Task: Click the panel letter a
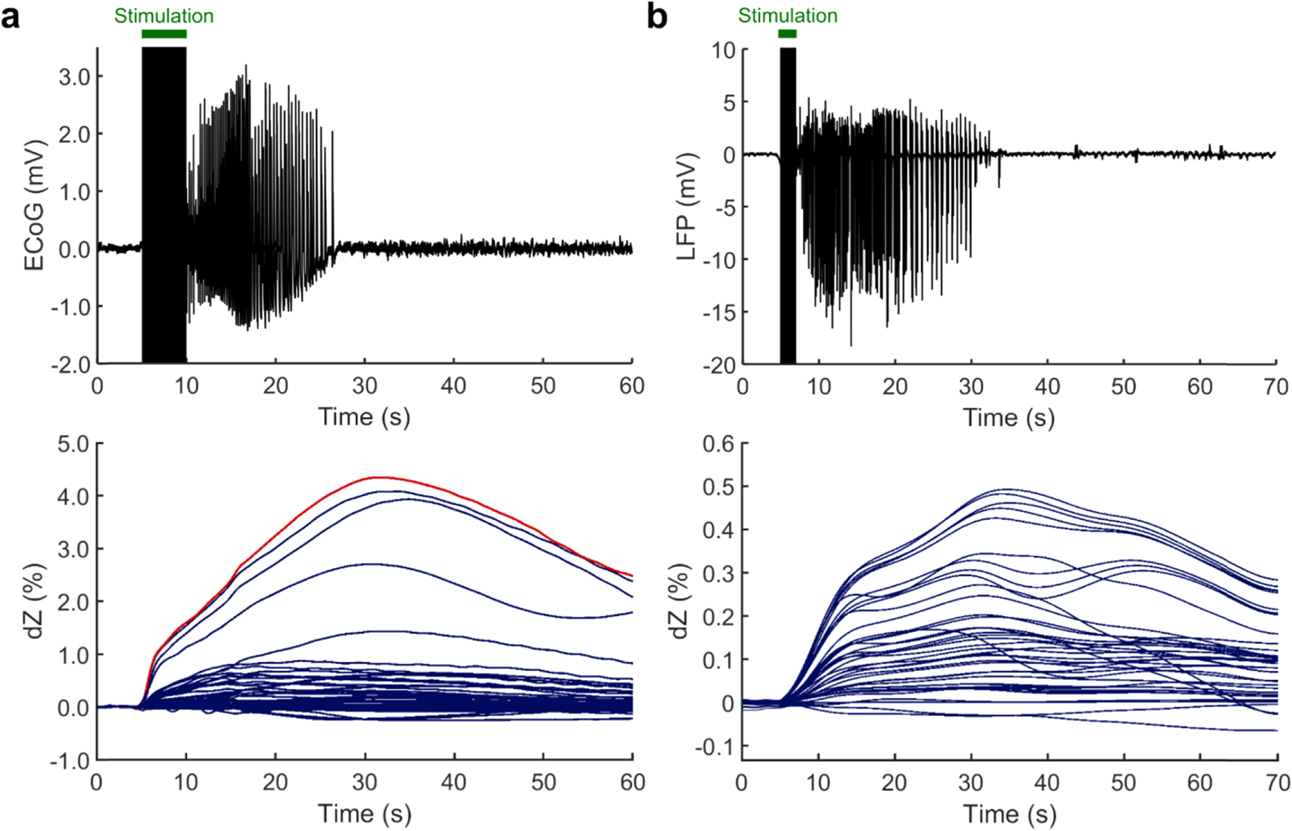point(11,16)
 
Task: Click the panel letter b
point(657,16)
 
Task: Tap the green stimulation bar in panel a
point(164,34)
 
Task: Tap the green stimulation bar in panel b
point(787,34)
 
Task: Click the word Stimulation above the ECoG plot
point(164,16)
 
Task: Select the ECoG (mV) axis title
point(35,205)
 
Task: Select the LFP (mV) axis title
point(687,207)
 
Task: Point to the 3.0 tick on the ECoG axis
point(74,77)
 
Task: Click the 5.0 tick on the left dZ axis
point(73,443)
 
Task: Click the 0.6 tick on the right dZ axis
point(718,444)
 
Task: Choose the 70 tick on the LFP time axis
point(1275,387)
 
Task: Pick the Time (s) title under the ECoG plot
point(364,417)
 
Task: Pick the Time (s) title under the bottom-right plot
point(1010,814)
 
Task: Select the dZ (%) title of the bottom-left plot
point(35,601)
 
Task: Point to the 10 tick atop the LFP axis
point(724,51)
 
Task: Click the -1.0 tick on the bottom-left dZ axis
point(70,760)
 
